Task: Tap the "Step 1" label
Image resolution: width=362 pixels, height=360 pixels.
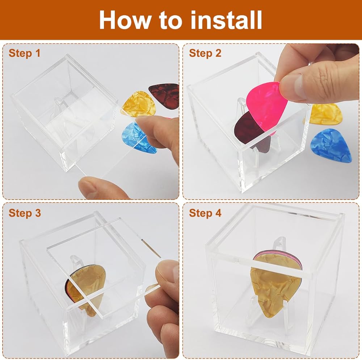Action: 25,53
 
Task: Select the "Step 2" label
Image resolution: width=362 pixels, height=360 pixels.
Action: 205,53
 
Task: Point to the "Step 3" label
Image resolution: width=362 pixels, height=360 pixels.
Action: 25,213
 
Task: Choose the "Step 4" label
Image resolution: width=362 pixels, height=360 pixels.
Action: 205,213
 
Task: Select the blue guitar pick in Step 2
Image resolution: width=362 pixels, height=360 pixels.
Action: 331,146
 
